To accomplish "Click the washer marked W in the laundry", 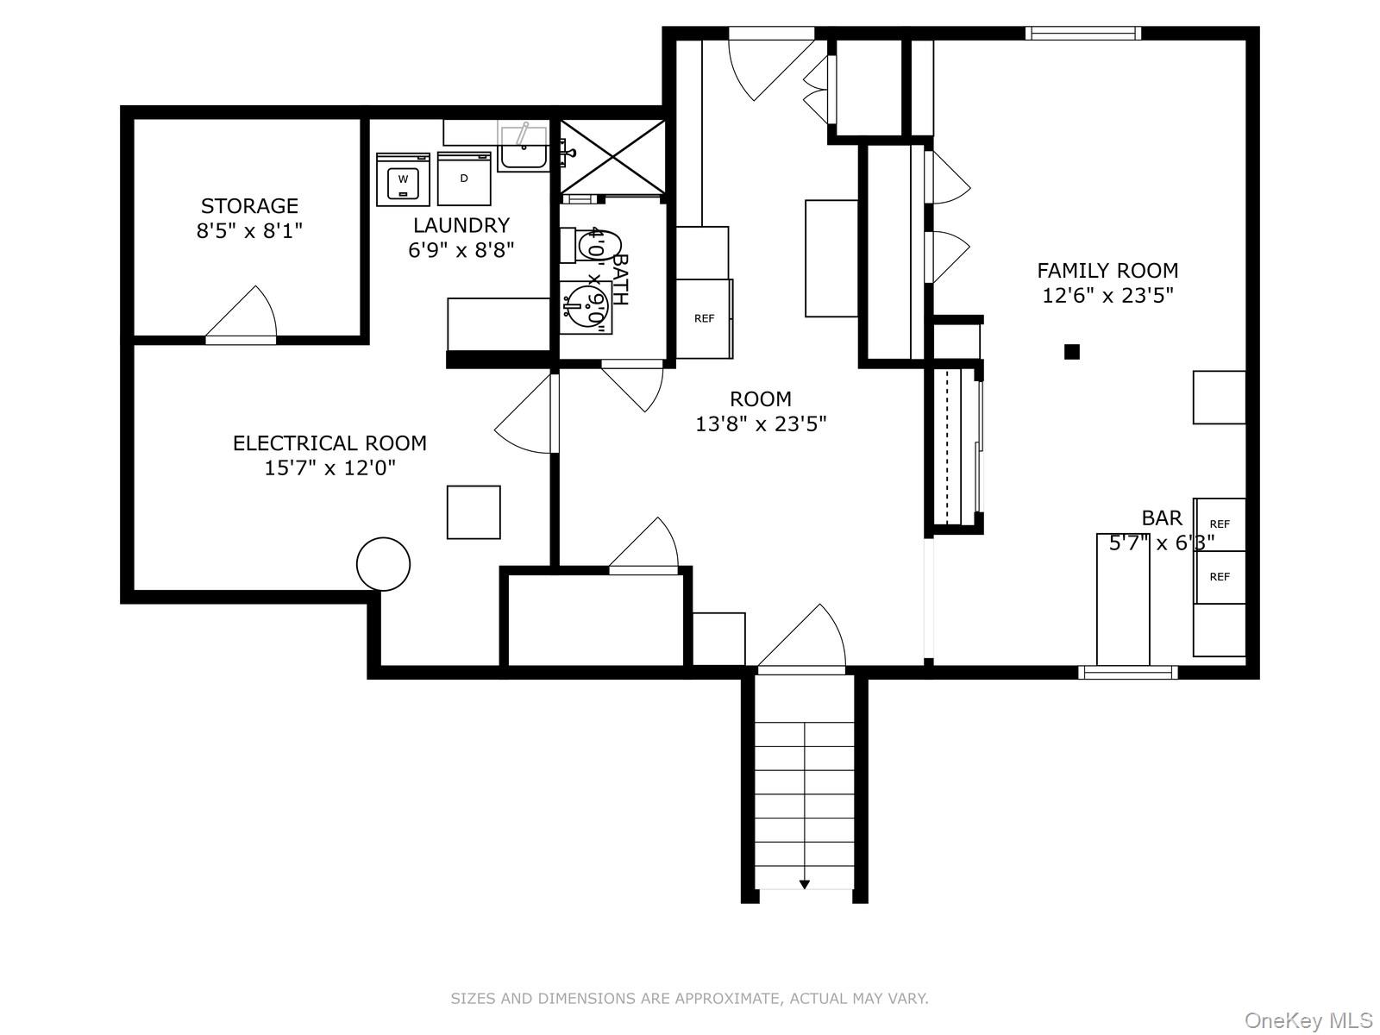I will tap(403, 179).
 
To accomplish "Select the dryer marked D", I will tap(464, 179).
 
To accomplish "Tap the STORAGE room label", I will tap(249, 206).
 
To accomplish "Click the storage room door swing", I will tap(246, 312).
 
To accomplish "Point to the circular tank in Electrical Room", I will tap(383, 564).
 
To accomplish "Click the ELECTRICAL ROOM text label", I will tap(329, 443).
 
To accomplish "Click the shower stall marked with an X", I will tap(612, 157).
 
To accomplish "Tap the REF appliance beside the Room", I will tap(704, 318).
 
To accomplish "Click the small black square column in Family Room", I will tap(1072, 351).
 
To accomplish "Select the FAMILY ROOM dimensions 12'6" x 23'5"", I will tap(1107, 296).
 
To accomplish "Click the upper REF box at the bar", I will tap(1219, 524).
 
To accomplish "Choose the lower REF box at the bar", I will tap(1219, 577).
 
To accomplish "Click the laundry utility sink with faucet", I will tap(523, 148).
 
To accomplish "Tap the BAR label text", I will tap(1162, 517).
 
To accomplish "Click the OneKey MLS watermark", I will tap(1308, 1021).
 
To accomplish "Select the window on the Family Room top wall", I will tap(1082, 34).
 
